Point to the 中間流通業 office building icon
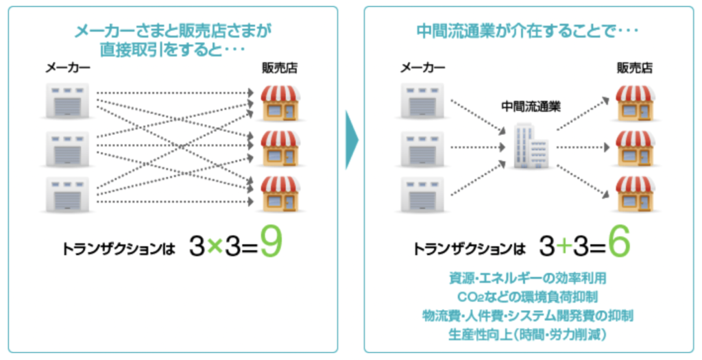pos(531,146)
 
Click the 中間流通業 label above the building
pos(531,107)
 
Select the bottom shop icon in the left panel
pos(279,193)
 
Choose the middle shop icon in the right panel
pos(633,146)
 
